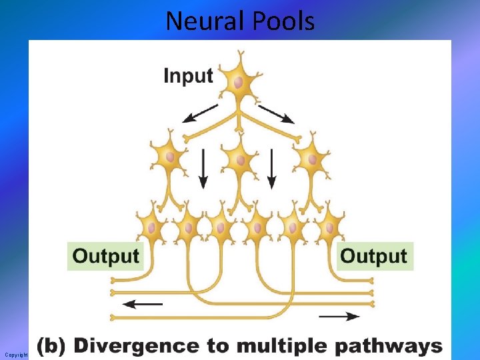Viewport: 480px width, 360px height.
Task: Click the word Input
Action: click(x=188, y=75)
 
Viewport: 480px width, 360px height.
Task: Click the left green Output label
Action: click(x=106, y=256)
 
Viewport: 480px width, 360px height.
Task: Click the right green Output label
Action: click(x=374, y=256)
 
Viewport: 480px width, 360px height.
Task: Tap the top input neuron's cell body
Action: click(x=239, y=82)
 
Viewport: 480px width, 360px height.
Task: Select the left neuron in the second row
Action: click(x=170, y=157)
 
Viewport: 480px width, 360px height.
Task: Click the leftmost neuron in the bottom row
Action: click(x=152, y=227)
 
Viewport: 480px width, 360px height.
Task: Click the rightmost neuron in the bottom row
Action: click(x=328, y=227)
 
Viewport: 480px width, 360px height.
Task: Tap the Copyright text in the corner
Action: click(x=15, y=355)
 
